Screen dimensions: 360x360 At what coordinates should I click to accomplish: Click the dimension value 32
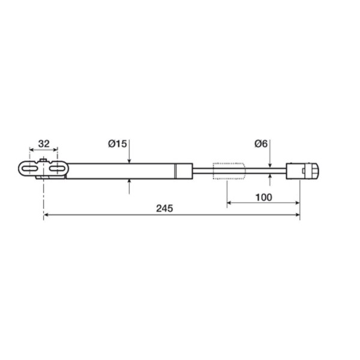[x=44, y=144]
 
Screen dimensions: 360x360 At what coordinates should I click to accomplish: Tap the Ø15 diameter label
[x=118, y=144]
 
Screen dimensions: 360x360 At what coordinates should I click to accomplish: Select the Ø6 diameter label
[x=261, y=144]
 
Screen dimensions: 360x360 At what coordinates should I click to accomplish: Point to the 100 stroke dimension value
[x=263, y=197]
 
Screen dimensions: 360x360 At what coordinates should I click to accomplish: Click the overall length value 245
[x=164, y=209]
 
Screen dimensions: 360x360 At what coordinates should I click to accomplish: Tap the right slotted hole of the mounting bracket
[x=58, y=169]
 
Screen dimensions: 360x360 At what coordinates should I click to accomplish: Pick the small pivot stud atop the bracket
[x=44, y=160]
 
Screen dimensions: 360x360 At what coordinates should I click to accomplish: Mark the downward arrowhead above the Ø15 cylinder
[x=130, y=160]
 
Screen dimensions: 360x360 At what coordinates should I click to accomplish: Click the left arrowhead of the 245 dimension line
[x=46, y=216]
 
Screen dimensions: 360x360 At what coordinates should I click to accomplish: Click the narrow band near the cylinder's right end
[x=175, y=170]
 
